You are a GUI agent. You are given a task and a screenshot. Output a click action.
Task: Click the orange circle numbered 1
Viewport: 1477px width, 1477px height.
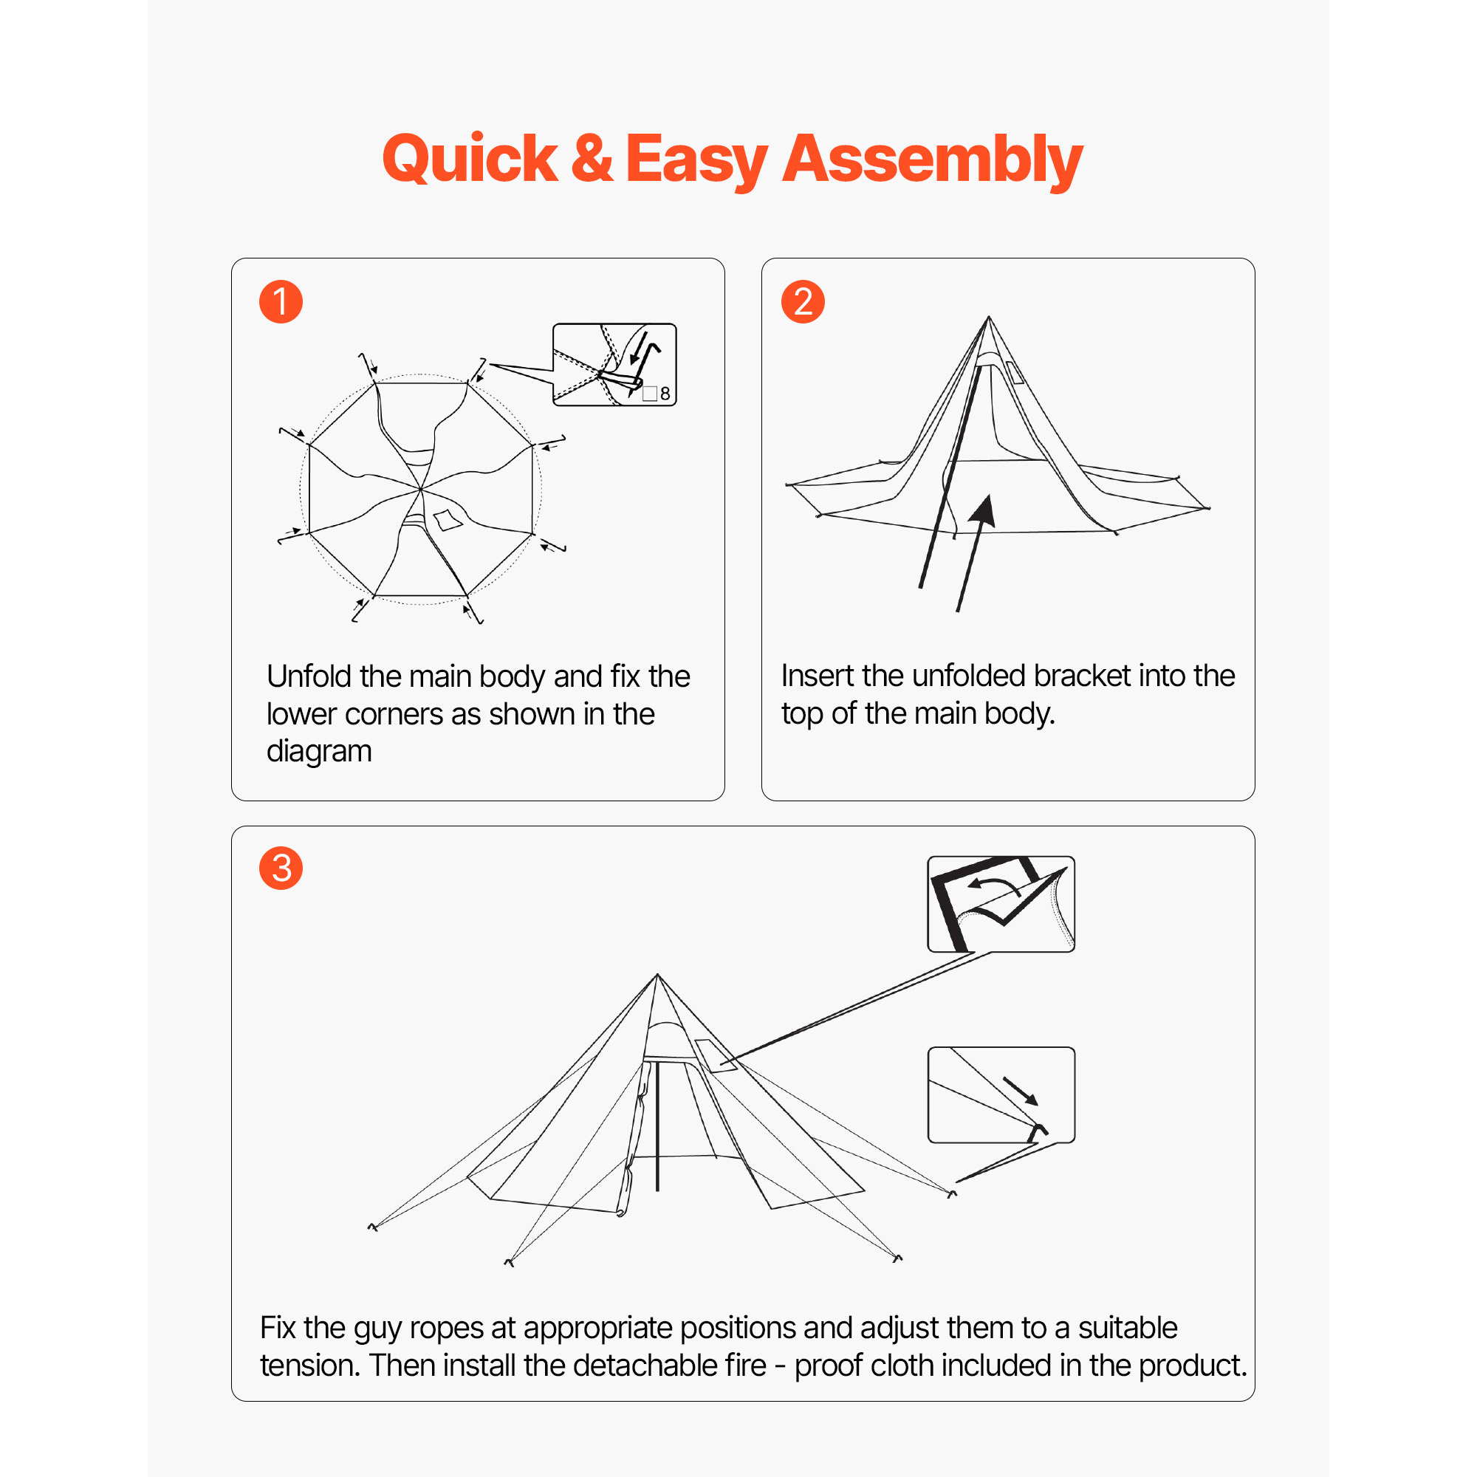[x=281, y=301]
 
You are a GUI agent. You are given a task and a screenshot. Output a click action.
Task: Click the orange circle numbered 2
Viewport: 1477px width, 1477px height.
[x=802, y=301]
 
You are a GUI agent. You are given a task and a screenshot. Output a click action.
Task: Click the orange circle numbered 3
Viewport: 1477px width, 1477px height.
[x=281, y=868]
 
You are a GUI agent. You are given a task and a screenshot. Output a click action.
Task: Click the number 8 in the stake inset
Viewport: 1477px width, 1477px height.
[x=665, y=394]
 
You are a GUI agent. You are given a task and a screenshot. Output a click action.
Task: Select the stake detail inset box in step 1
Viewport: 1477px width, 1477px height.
[x=614, y=364]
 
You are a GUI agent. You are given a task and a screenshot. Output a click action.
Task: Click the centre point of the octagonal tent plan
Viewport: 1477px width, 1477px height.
[x=420, y=488]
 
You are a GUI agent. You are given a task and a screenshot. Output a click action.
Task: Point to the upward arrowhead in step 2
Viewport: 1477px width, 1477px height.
[x=985, y=509]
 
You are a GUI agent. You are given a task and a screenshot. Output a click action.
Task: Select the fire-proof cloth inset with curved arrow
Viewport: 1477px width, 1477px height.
[x=1001, y=904]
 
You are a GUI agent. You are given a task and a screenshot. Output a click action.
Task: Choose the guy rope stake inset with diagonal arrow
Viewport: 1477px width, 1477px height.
[x=1001, y=1094]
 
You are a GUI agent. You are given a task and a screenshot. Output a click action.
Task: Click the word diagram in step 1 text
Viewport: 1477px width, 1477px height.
[x=319, y=752]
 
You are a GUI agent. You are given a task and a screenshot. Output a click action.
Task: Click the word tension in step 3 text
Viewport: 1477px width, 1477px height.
[x=309, y=1365]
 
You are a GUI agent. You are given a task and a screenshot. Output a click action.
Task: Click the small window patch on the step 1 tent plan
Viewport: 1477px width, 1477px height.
[x=448, y=520]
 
